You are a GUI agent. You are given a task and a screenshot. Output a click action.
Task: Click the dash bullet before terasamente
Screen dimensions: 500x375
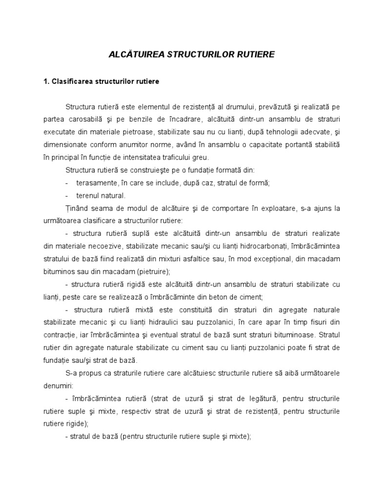[x=66, y=183]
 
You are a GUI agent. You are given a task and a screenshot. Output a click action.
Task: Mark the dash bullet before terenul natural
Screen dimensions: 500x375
[x=66, y=195]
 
